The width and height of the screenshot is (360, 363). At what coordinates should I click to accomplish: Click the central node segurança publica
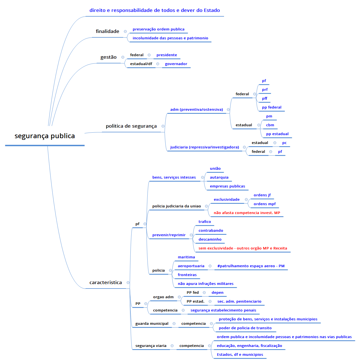45,136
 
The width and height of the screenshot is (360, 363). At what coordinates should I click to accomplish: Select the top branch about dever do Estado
155,11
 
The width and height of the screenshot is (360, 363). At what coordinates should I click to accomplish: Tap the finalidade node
107,32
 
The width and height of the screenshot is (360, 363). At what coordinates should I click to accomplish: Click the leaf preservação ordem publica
158,29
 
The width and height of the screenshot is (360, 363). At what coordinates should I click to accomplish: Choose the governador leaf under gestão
176,64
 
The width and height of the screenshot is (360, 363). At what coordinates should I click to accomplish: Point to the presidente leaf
167,55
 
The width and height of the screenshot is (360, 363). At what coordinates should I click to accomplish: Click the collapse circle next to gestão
123,57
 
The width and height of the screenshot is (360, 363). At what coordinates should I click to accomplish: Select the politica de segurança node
131,126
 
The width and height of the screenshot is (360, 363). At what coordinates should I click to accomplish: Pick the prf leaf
265,90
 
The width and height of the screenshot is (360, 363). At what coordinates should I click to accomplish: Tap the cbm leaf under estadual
270,125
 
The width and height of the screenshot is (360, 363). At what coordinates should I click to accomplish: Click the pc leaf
284,143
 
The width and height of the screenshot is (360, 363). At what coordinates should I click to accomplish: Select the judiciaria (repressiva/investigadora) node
205,147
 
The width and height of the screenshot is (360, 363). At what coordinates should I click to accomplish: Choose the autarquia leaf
219,177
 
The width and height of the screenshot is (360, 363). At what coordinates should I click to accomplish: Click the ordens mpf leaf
264,204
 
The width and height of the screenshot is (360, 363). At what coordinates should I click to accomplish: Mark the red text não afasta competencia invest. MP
247,213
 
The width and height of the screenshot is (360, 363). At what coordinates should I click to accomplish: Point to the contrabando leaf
211,231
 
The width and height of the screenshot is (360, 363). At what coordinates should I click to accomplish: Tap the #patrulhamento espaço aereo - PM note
251,266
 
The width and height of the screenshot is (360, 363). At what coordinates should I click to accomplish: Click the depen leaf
217,293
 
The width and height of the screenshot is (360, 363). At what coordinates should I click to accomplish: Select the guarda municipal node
152,324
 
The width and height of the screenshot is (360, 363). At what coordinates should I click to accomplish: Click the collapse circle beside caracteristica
128,283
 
